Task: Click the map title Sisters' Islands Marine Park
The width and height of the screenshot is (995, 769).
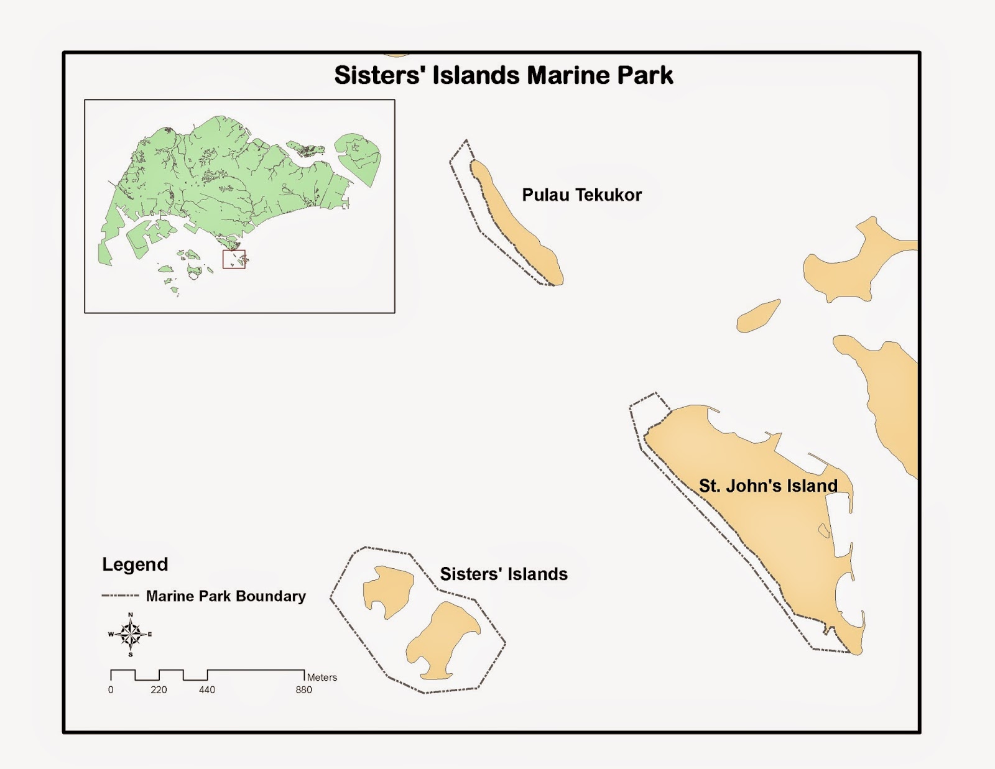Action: click(x=503, y=75)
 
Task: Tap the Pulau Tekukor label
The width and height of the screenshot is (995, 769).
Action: click(x=581, y=195)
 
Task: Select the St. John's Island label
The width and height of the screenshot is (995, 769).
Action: click(x=768, y=486)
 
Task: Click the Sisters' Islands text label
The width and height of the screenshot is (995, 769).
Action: click(x=504, y=574)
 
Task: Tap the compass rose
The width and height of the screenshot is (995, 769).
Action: click(x=131, y=634)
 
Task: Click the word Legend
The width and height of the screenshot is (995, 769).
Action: click(x=135, y=564)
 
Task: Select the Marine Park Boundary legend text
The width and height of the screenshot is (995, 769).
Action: click(x=226, y=596)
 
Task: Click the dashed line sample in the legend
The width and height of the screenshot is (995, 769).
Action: click(x=120, y=596)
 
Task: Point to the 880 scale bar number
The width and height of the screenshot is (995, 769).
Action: click(x=303, y=689)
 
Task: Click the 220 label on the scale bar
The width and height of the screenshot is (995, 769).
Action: click(x=159, y=689)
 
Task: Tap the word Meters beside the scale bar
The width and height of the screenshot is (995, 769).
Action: click(x=322, y=677)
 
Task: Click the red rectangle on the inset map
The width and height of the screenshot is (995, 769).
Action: click(x=234, y=259)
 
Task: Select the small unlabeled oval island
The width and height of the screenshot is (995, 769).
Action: click(x=758, y=316)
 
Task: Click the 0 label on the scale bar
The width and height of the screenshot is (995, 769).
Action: click(x=111, y=689)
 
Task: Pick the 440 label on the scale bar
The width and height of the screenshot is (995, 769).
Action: click(x=207, y=689)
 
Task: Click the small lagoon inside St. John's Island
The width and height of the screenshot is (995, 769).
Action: click(x=823, y=530)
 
